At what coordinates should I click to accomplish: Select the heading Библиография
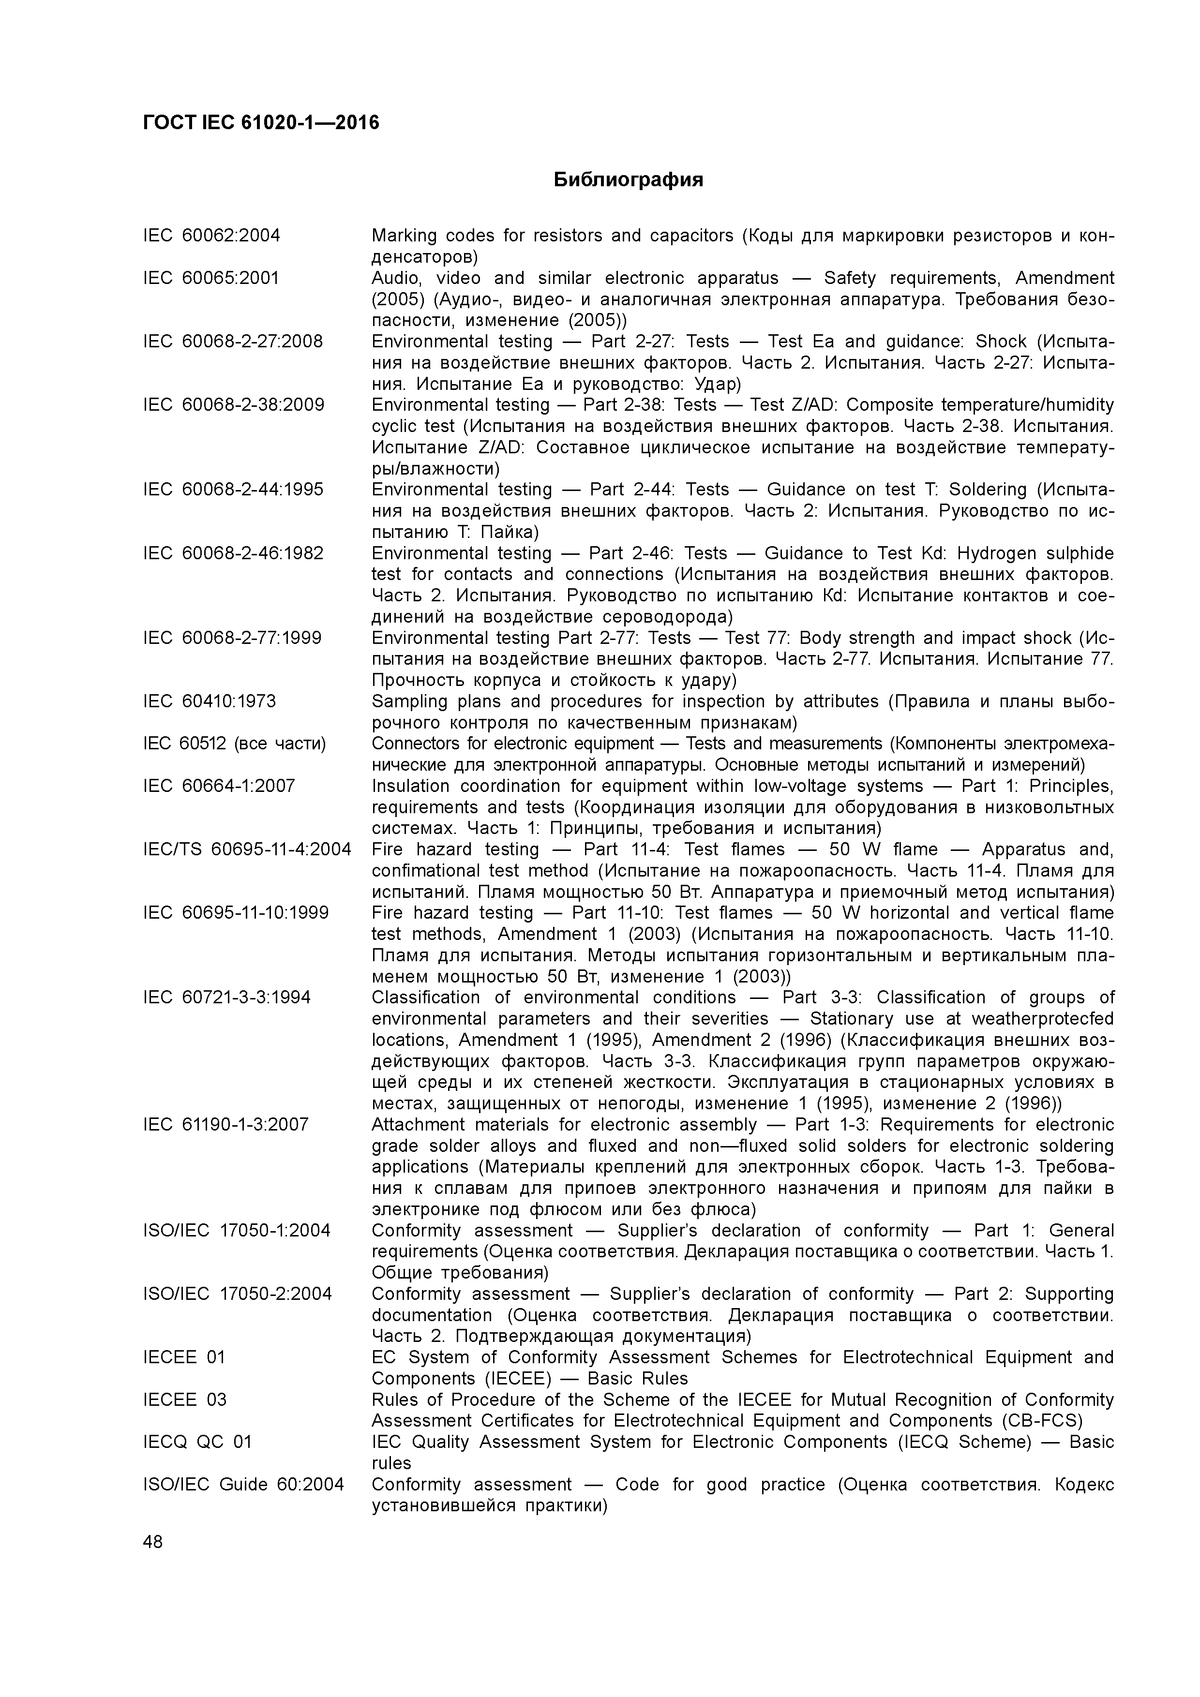(629, 179)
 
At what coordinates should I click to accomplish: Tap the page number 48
(153, 1542)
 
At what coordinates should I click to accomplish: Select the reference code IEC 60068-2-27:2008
(233, 342)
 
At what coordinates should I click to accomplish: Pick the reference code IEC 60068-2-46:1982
(233, 553)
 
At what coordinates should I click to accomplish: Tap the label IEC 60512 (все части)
(234, 744)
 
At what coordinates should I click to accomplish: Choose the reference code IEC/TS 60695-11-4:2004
(247, 849)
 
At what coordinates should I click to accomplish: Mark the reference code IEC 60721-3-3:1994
(227, 998)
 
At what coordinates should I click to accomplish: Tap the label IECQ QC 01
(197, 1442)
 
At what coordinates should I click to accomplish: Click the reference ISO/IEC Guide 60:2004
(243, 1485)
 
